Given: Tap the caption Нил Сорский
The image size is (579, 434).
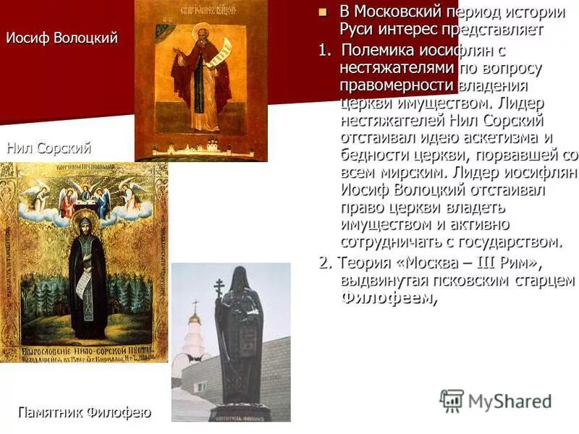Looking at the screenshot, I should pos(48,149).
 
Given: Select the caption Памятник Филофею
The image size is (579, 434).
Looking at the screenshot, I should pos(84,413).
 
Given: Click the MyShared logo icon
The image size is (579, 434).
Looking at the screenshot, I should pos(452,401).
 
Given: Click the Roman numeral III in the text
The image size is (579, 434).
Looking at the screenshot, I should pos(470,262).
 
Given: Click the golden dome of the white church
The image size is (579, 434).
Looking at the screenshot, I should pos(195,318).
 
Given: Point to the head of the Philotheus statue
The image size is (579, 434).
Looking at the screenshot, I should pos(240,278).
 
